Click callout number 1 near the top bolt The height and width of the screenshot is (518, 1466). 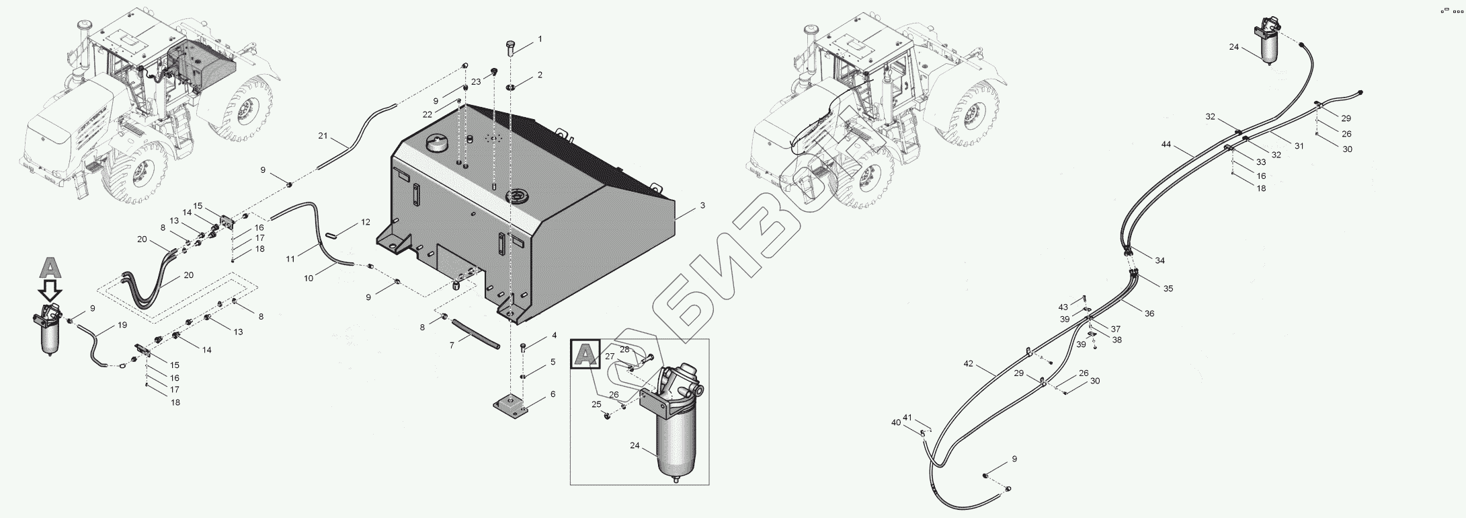coord(539,40)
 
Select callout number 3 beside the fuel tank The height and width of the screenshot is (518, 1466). coord(702,206)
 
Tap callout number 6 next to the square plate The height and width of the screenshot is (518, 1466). coord(553,394)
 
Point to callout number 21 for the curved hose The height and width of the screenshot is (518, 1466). coord(323,137)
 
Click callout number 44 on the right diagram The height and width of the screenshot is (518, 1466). coord(1165,145)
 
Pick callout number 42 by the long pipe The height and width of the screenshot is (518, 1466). coord(968,364)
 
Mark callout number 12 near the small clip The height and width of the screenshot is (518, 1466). coord(365,222)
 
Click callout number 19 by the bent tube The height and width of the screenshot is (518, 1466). coord(122,326)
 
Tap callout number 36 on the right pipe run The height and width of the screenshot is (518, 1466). coord(1149,313)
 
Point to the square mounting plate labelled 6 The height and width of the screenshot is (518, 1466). coord(513,408)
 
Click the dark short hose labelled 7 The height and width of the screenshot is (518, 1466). coord(475,333)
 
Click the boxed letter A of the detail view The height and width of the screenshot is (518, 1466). coord(585,354)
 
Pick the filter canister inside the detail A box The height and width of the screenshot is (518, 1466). coord(671,437)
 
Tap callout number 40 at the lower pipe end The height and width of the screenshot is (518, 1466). coord(895,422)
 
